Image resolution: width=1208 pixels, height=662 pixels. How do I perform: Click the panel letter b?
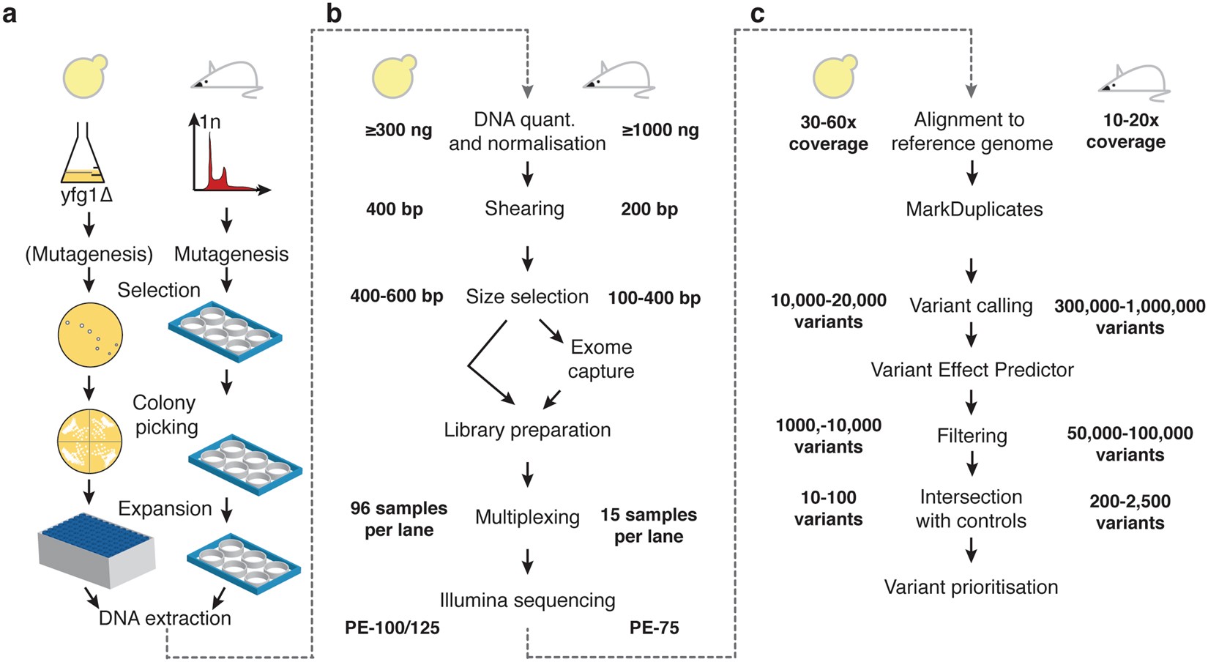coord(333,13)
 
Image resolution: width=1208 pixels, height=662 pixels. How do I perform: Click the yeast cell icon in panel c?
coord(834,76)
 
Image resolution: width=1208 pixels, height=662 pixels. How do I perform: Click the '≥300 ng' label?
coord(398,130)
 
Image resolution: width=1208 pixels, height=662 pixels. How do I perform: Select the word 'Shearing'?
coord(524,209)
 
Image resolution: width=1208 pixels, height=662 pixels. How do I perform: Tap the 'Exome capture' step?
coord(600,359)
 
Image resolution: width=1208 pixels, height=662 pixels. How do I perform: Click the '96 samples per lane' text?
coord(398,518)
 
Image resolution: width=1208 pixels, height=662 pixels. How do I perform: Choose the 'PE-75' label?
coord(654,628)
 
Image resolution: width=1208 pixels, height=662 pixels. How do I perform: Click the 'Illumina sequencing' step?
coord(527,600)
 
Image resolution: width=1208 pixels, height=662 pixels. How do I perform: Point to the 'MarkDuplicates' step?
coord(974,209)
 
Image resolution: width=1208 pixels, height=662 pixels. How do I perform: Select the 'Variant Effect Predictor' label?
coord(972,370)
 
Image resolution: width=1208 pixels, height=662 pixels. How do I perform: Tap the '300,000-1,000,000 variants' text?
coord(1130,316)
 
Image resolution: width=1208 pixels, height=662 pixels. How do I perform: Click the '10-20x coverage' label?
coord(1125,130)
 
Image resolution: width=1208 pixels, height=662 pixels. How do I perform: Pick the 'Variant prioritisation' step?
coord(971,587)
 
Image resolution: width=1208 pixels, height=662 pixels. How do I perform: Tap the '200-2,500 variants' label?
coord(1130,512)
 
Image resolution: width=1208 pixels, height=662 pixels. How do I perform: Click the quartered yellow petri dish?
coord(89,440)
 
